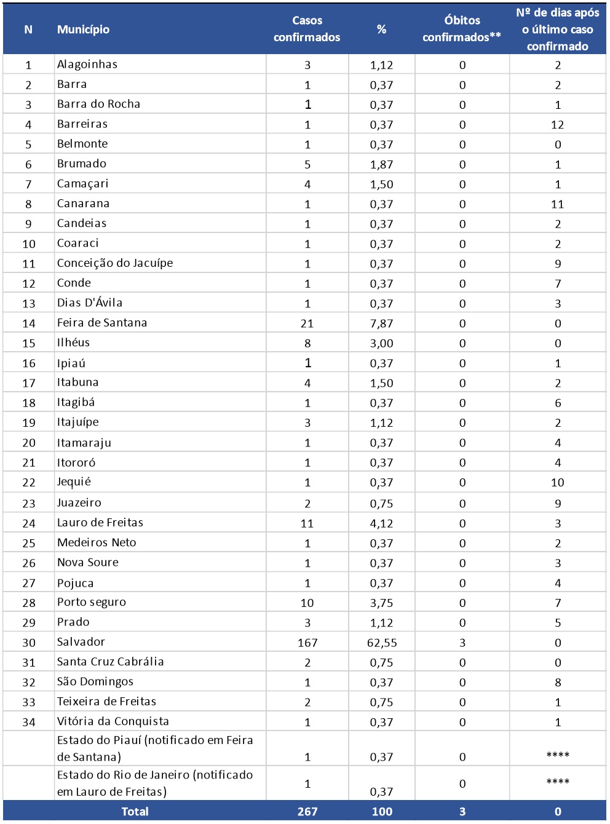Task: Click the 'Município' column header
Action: (83, 30)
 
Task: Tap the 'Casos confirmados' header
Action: (307, 30)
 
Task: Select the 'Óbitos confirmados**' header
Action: (462, 30)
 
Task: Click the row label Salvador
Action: (81, 642)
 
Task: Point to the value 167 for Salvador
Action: (307, 643)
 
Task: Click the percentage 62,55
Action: (382, 643)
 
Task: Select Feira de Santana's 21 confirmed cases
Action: (307, 323)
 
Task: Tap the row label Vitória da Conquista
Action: (113, 721)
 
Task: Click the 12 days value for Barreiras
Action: (558, 125)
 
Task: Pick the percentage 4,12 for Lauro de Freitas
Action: (382, 523)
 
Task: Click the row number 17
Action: (29, 383)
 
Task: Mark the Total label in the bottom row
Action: (135, 811)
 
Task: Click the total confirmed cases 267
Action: (307, 811)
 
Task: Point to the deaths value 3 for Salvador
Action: (462, 643)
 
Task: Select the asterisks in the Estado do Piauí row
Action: (558, 755)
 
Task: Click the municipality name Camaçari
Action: (82, 184)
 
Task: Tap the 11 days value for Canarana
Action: (558, 204)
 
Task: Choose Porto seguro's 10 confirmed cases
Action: (307, 603)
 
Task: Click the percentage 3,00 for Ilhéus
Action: (382, 343)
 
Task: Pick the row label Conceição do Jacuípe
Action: (115, 263)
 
